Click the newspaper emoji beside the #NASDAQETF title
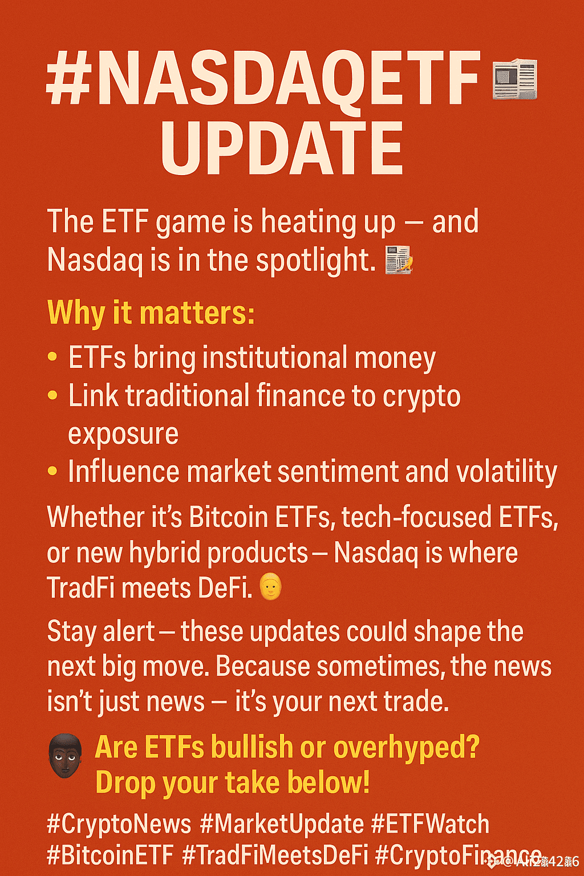tap(514, 79)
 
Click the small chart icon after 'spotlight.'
tap(399, 260)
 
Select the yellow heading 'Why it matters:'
tap(151, 313)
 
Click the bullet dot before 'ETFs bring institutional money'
tap(52, 358)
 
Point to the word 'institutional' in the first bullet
tap(275, 358)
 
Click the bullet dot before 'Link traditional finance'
tap(52, 395)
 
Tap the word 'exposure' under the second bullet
tap(123, 434)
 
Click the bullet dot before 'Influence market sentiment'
tap(52, 471)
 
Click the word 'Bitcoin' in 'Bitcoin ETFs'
tap(228, 517)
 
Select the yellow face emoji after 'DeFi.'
tap(271, 587)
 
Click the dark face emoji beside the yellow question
tap(65, 756)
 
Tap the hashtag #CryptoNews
tap(119, 824)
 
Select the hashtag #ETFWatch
tap(430, 824)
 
